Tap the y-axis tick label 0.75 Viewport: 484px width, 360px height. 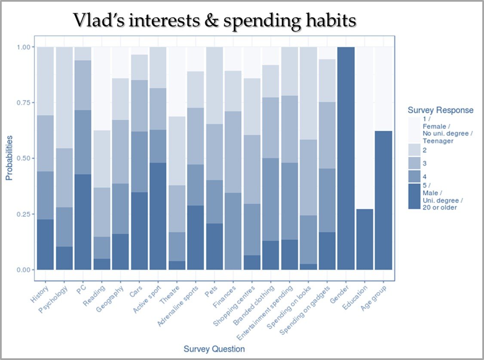point(24,103)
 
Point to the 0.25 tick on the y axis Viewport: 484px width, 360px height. point(24,214)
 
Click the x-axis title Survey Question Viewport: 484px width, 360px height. point(214,348)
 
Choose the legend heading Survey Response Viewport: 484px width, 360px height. point(441,110)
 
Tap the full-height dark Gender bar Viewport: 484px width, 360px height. point(346,158)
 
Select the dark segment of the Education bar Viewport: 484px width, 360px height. point(365,239)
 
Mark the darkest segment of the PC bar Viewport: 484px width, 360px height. point(83,222)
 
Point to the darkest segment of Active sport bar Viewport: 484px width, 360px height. point(158,216)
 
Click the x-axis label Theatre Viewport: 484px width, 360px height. point(169,295)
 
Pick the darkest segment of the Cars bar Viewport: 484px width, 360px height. point(139,231)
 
